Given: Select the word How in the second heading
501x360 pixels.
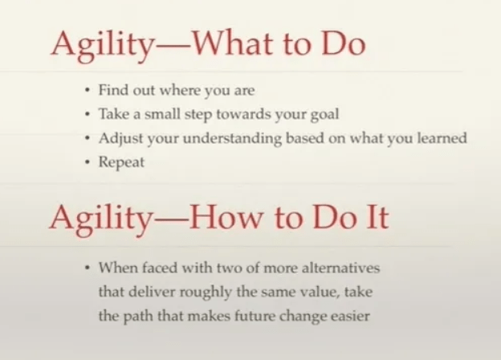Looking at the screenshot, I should click(239, 217).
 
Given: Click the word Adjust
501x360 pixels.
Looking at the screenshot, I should click(119, 138).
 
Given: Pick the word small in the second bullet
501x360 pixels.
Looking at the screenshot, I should click(165, 114).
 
